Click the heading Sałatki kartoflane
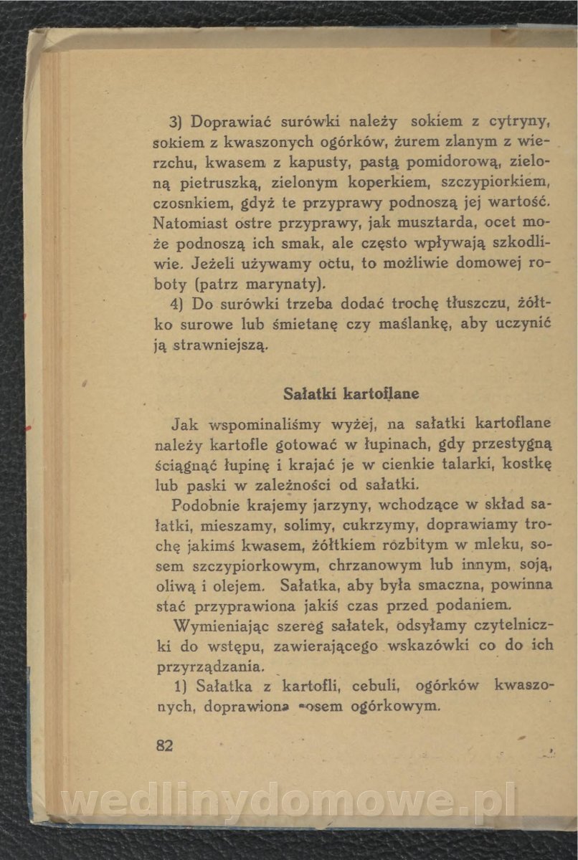click(351, 394)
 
